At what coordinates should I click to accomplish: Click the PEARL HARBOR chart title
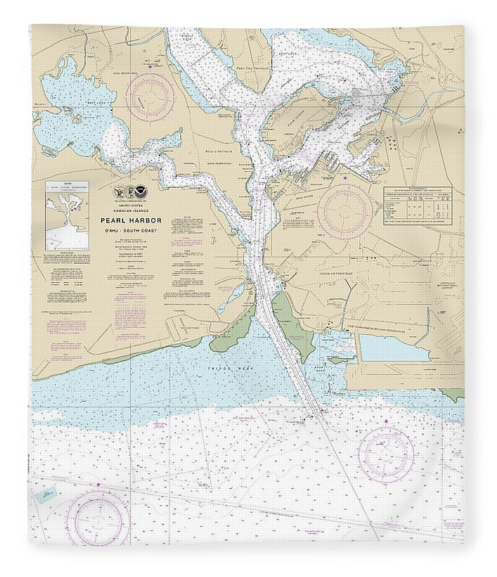point(132,220)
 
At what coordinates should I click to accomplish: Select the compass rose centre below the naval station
point(346,211)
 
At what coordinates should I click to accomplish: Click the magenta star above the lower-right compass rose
point(386,423)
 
